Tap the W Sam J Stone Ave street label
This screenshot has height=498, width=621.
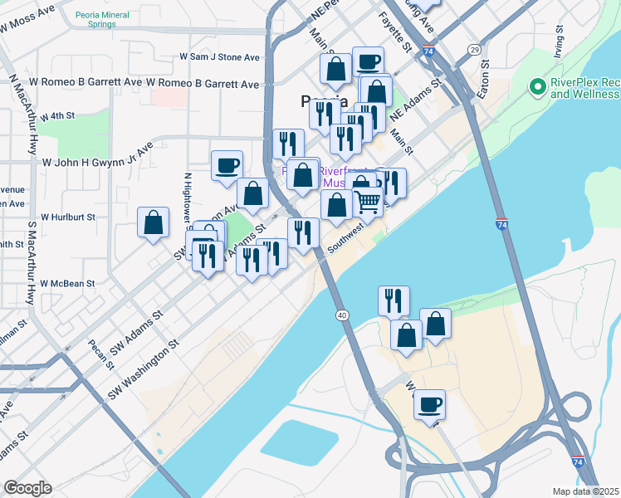220,57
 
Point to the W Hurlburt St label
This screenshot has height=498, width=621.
67,217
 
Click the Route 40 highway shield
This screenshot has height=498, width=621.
342,315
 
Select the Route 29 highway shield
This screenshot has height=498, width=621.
474,51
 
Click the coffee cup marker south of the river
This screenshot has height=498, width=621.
429,404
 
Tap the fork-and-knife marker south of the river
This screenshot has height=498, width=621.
394,300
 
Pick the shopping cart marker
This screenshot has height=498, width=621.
368,200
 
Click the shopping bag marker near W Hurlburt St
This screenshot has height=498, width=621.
154,222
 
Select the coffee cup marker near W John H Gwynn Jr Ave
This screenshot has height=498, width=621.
227,166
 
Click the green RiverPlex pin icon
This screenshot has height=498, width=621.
537,85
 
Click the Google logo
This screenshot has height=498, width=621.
27,488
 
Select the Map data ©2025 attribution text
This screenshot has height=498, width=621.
586,491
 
